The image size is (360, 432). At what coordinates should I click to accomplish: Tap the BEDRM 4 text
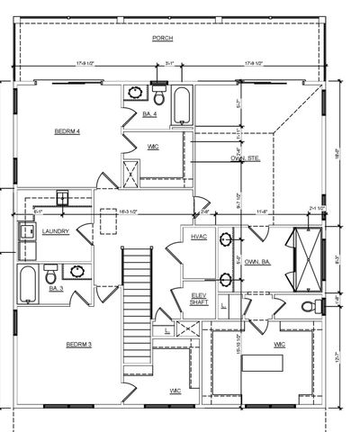click(67, 131)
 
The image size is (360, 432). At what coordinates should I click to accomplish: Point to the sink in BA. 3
click(78, 271)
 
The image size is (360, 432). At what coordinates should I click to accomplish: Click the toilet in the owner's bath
click(311, 306)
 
